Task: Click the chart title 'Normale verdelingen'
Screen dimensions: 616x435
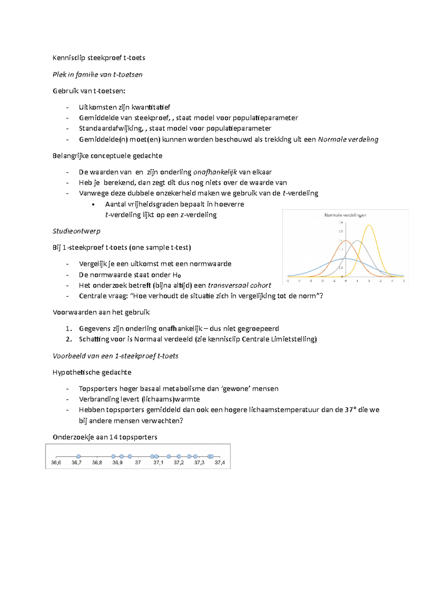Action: [345, 215]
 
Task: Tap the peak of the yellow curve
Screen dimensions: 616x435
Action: [369, 226]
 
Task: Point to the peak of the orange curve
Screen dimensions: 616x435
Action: [345, 241]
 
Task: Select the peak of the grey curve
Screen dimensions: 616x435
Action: [357, 241]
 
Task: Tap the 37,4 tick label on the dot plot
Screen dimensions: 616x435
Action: [220, 463]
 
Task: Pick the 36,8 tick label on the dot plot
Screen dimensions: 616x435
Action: [97, 463]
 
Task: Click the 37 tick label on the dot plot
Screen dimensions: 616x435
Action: [138, 463]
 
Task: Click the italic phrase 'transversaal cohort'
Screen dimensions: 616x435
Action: [239, 285]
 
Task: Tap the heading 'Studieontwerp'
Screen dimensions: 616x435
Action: [76, 231]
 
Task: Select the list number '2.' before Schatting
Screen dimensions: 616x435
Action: [69, 339]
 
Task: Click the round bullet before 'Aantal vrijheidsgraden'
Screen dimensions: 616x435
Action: [94, 205]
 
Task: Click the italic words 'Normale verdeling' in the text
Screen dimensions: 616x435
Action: [348, 139]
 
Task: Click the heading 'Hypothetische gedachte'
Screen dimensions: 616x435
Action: [92, 372]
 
